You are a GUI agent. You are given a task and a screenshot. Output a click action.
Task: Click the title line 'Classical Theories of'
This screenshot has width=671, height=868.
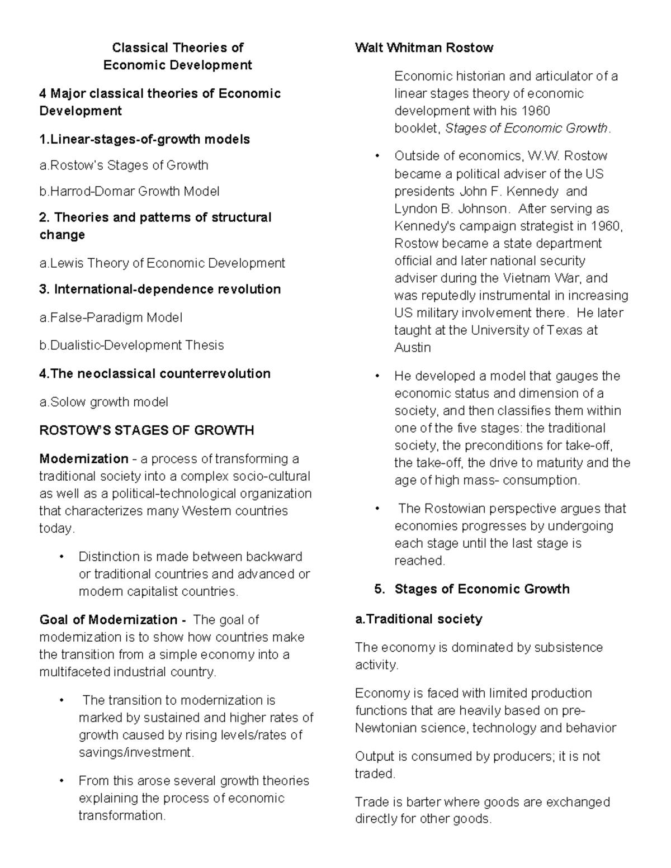pyautogui.click(x=177, y=48)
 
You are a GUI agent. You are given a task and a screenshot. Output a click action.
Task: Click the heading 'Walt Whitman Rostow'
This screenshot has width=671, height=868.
pyautogui.click(x=424, y=48)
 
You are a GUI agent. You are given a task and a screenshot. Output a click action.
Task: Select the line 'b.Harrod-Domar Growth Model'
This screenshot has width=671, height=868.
pyautogui.click(x=129, y=191)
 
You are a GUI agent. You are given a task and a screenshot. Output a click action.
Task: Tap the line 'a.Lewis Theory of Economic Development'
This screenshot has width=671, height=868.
pyautogui.click(x=162, y=263)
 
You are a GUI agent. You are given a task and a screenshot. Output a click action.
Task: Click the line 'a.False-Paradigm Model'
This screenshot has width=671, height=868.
pyautogui.click(x=111, y=317)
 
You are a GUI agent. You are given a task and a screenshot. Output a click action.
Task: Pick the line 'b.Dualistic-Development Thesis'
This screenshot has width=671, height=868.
pyautogui.click(x=131, y=345)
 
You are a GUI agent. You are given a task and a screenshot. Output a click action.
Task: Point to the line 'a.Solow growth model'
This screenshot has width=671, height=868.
pyautogui.click(x=103, y=402)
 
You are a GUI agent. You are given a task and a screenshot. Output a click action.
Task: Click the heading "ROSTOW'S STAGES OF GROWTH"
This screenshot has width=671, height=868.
pyautogui.click(x=147, y=430)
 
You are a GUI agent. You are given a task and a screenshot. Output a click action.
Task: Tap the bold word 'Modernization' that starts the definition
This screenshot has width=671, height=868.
pyautogui.click(x=84, y=459)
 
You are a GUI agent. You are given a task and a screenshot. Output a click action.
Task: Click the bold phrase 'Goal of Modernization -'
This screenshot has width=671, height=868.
pyautogui.click(x=112, y=619)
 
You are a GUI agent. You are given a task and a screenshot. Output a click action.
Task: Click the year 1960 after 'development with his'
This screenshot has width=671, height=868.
pyautogui.click(x=535, y=111)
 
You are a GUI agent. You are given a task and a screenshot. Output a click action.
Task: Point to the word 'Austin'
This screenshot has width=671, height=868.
pyautogui.click(x=413, y=347)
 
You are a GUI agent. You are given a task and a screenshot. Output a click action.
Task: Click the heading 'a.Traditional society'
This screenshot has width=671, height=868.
pyautogui.click(x=418, y=619)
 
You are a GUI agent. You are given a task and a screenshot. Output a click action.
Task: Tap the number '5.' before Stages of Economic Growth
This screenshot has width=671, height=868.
pyautogui.click(x=380, y=589)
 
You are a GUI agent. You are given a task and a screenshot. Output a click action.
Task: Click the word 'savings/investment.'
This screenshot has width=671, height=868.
pyautogui.click(x=136, y=752)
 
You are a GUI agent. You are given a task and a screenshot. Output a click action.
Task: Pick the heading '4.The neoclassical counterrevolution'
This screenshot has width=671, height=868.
pyautogui.click(x=155, y=373)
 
